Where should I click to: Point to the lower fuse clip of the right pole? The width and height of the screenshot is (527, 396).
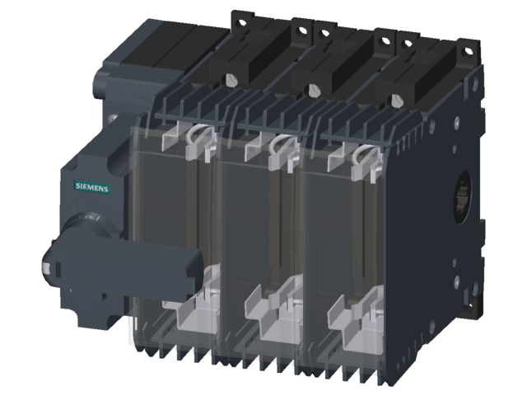coord(354,318)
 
